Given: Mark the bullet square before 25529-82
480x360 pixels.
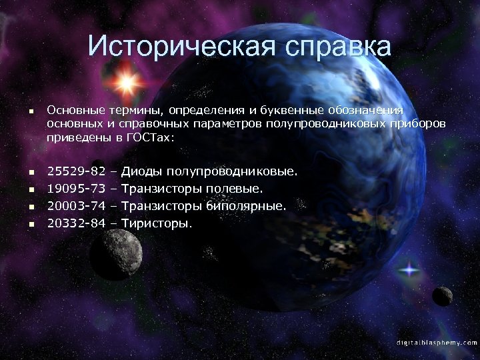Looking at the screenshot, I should (x=30, y=173).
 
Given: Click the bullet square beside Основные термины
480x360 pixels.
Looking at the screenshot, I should (x=30, y=110).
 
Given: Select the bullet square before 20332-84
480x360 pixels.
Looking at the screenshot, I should (x=30, y=223).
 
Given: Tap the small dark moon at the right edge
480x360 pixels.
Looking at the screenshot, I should (x=442, y=295).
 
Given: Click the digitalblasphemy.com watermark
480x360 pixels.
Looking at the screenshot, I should (x=436, y=342).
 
